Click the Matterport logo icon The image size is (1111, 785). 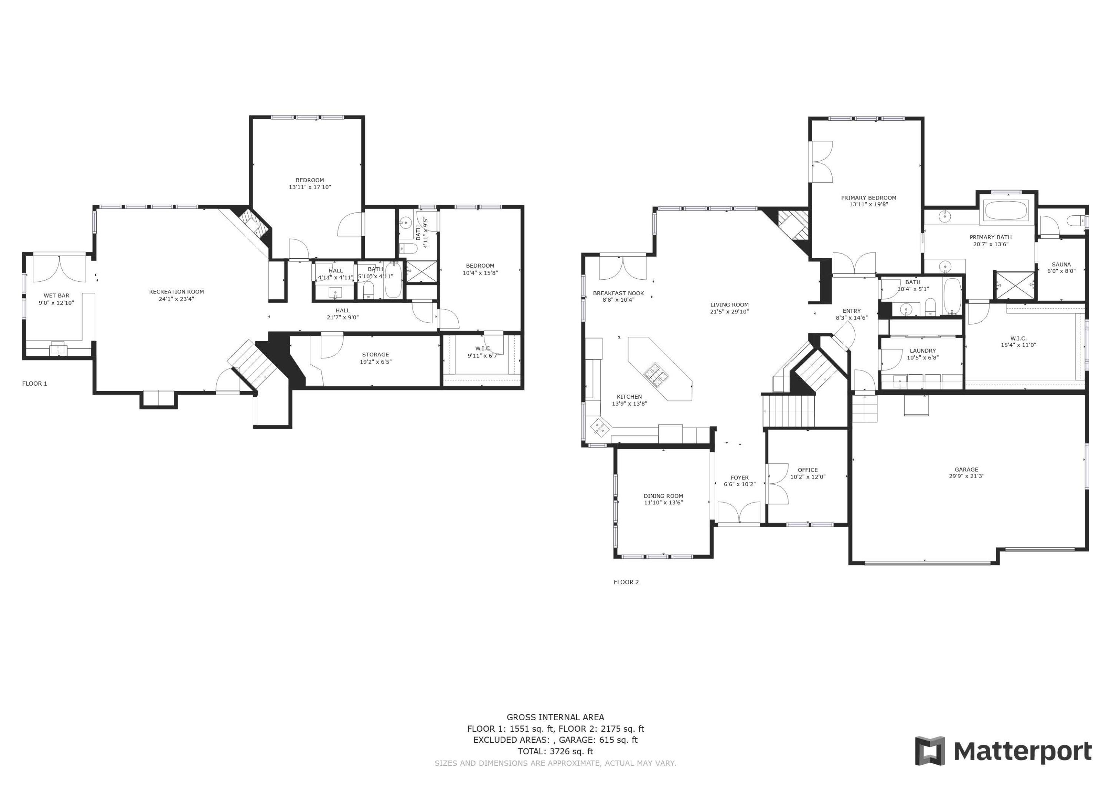point(930,751)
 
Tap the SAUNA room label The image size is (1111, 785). point(1061,265)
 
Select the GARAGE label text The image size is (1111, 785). point(966,469)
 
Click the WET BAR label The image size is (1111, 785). point(57,295)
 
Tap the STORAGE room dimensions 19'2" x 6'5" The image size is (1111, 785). point(376,362)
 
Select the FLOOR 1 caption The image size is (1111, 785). point(35,383)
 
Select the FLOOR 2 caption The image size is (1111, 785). point(626,582)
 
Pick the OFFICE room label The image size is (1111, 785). point(808,470)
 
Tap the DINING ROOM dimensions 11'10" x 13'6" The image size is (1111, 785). point(663,503)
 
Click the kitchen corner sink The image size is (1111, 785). point(599,427)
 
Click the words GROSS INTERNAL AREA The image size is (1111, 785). point(555,717)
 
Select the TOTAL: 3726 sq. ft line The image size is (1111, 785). point(555,751)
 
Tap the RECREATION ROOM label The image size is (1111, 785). point(176,292)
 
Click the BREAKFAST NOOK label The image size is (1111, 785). point(618,293)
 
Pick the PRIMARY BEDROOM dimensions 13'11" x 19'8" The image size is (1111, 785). point(868,205)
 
